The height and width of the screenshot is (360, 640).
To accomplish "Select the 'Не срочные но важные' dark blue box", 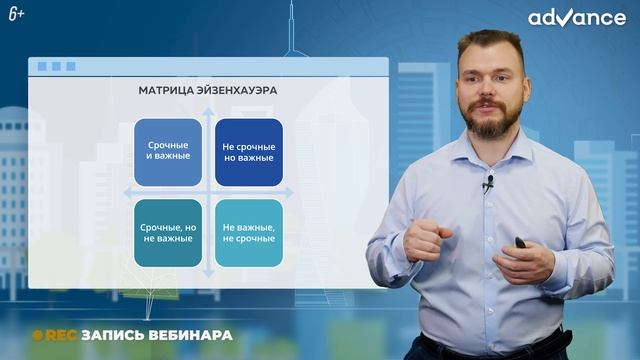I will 248,152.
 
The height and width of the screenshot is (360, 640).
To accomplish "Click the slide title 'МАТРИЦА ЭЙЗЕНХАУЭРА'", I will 207,90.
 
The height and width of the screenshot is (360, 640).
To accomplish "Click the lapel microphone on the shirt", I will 489,184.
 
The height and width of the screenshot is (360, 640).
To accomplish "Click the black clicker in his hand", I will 522,242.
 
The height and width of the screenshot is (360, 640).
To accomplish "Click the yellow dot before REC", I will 36,335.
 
